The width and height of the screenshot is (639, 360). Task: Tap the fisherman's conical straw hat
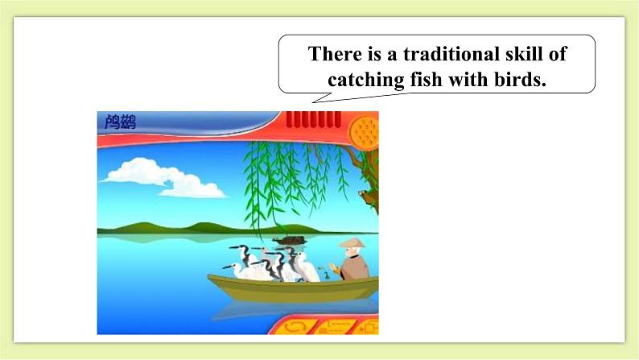pos(352,242)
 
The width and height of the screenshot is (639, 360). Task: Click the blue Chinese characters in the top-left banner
pos(120,123)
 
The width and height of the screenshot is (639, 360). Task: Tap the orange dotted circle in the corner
pos(364,130)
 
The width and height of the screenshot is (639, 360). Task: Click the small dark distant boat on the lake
pos(289,239)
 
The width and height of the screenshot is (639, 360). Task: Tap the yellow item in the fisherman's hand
pos(328,266)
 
